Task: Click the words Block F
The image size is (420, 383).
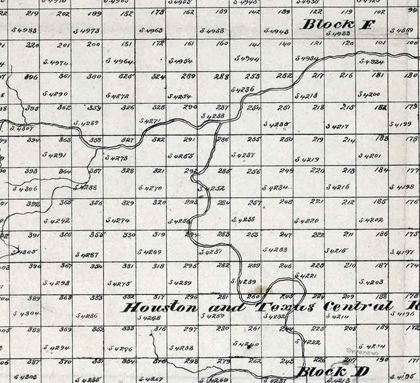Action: tap(337, 24)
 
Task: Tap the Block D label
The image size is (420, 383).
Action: tap(332, 371)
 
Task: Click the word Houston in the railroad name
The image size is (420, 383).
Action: tap(160, 307)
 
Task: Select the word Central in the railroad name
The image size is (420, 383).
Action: tap(357, 306)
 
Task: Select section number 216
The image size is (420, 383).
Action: tap(346, 76)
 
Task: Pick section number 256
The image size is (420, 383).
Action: tap(253, 171)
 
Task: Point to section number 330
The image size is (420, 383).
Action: tap(129, 235)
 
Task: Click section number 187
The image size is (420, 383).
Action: tap(381, 265)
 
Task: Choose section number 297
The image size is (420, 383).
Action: tap(190, 329)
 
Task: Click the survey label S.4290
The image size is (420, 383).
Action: tap(55, 94)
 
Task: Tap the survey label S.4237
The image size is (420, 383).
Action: tap(243, 155)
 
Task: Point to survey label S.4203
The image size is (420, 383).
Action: tap(371, 282)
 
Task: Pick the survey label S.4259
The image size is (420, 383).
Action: tap(180, 283)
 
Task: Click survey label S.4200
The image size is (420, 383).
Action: tap(369, 94)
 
